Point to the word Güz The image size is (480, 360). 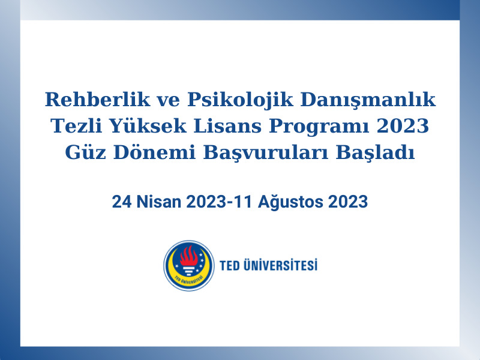(x=85, y=153)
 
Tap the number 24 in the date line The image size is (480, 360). (x=120, y=202)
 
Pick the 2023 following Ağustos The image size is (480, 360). (x=348, y=202)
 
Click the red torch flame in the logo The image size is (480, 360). (x=189, y=258)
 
